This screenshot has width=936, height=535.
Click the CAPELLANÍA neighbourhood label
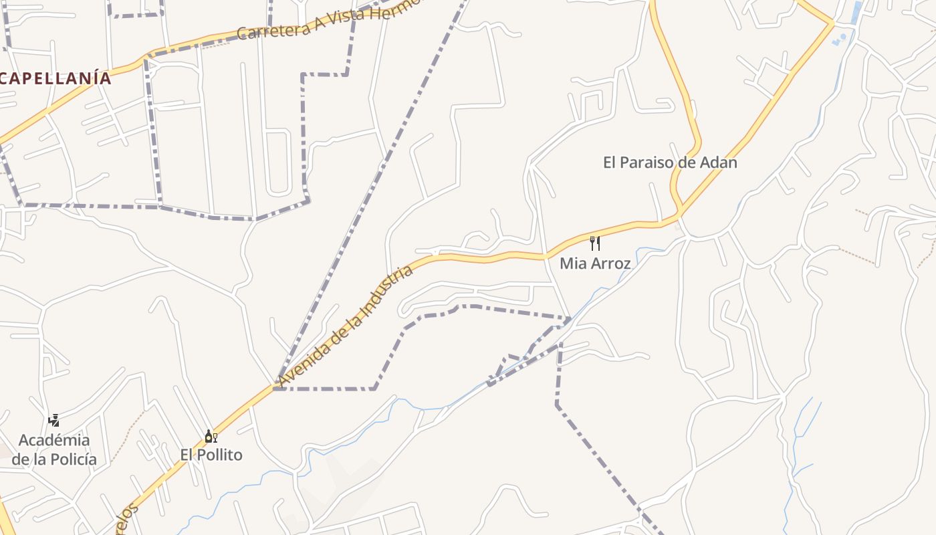pos(56,78)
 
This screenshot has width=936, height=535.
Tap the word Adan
pos(718,163)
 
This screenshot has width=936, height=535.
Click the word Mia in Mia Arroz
pos(572,263)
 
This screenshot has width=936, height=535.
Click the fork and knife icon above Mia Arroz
pos(594,243)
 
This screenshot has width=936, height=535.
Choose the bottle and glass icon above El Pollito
pos(211,437)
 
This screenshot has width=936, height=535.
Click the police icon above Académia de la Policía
pos(54,420)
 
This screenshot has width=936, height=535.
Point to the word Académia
pos(54,440)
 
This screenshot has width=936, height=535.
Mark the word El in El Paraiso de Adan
pos(610,163)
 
